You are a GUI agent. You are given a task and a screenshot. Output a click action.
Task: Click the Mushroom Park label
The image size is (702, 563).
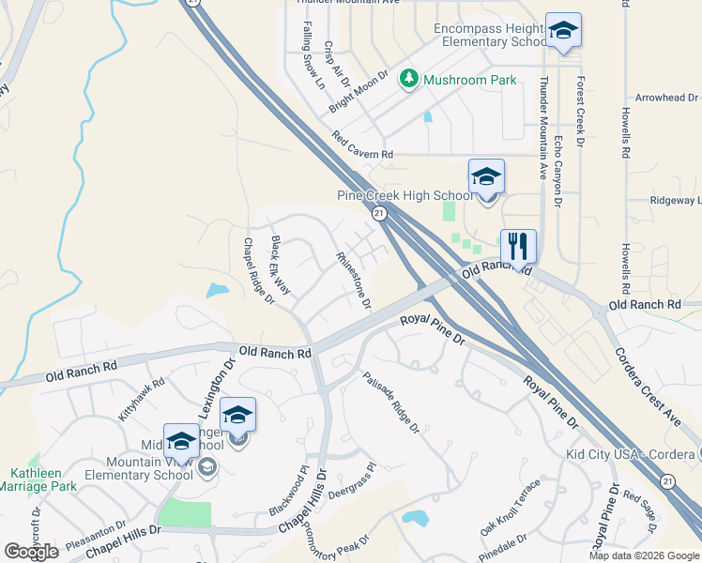pos(469,80)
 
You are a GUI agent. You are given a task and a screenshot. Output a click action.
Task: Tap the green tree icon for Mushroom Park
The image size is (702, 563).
pos(409,80)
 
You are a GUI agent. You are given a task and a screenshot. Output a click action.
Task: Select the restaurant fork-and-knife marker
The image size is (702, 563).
pos(518,247)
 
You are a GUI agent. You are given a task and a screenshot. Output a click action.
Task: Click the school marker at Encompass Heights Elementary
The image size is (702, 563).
pos(563,31)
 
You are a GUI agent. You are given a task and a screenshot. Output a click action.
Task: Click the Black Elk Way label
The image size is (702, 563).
pos(281,260)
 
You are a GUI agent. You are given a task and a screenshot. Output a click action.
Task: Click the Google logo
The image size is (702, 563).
pos(31,552)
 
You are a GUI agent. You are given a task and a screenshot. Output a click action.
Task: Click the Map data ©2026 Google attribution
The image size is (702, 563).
pos(643,555)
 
